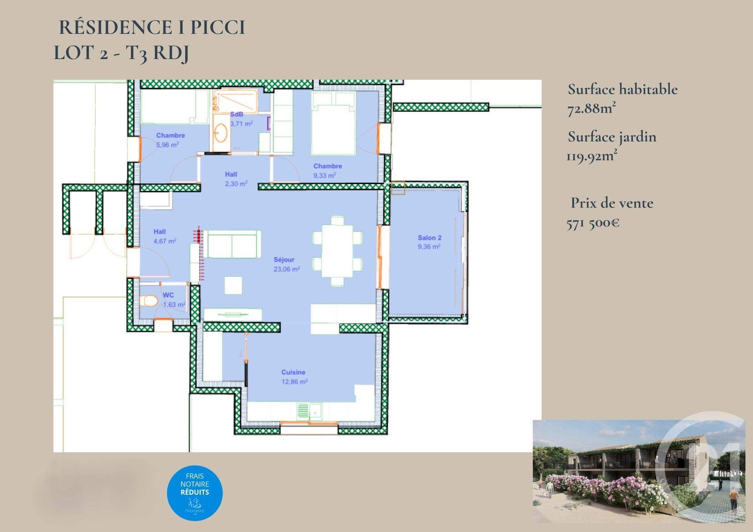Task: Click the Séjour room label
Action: click(x=284, y=260)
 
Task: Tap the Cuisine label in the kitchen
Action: click(x=293, y=372)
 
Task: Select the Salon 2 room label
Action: click(x=430, y=238)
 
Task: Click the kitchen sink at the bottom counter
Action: click(x=309, y=411)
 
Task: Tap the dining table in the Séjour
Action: click(x=337, y=251)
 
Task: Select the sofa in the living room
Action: click(x=232, y=244)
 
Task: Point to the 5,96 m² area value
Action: click(x=168, y=145)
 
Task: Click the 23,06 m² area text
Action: click(x=287, y=269)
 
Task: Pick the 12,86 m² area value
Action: click(x=295, y=382)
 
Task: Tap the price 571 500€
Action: click(x=593, y=223)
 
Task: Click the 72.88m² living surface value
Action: click(x=591, y=109)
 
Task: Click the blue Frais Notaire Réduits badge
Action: click(x=195, y=492)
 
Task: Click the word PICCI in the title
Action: click(x=218, y=27)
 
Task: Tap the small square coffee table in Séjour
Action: click(x=233, y=285)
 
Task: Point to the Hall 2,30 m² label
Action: click(x=236, y=179)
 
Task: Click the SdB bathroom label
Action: click(x=236, y=114)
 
